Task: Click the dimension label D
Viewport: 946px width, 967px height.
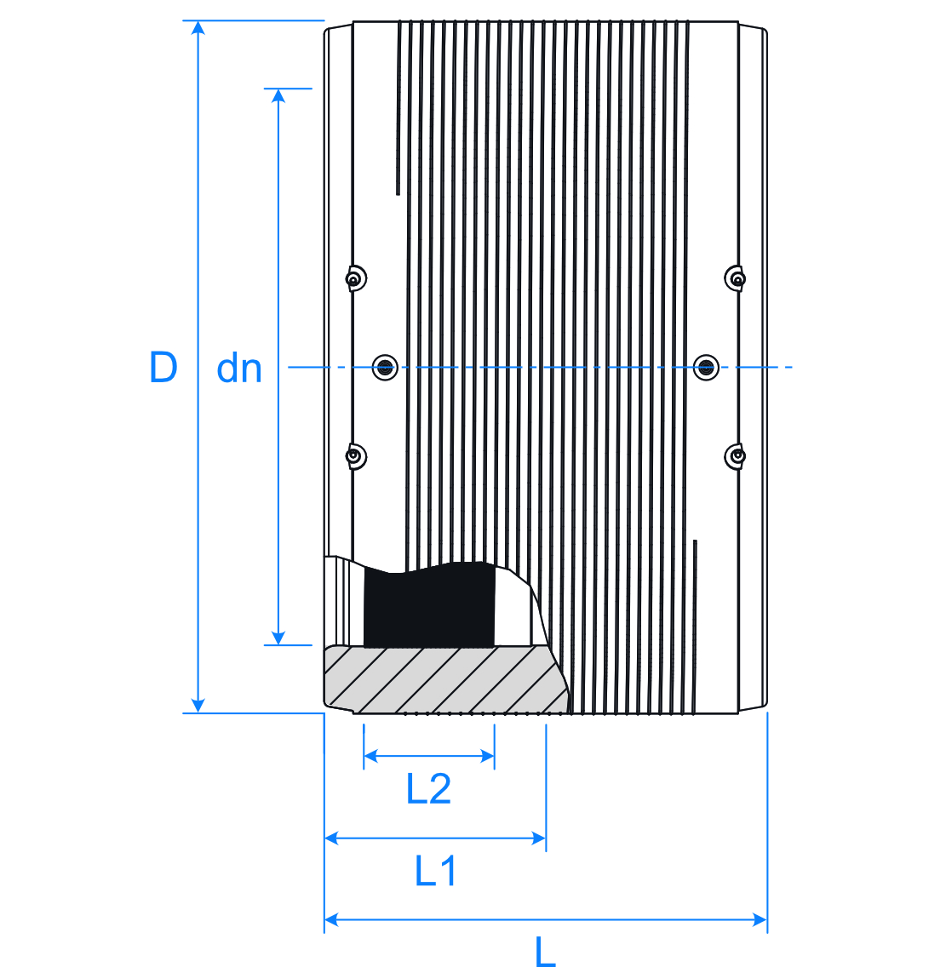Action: pyautogui.click(x=163, y=367)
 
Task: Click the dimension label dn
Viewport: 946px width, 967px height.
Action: pyautogui.click(x=239, y=369)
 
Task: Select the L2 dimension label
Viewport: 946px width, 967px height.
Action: pyautogui.click(x=428, y=789)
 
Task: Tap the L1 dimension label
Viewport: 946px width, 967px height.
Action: pyautogui.click(x=436, y=871)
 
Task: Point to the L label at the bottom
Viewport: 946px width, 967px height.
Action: pyautogui.click(x=545, y=952)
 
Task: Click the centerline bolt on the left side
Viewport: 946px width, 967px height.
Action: pyautogui.click(x=386, y=368)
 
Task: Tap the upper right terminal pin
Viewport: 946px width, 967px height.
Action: pyautogui.click(x=736, y=278)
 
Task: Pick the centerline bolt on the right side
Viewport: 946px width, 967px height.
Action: pyautogui.click(x=705, y=368)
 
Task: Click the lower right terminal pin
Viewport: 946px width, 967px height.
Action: pyautogui.click(x=736, y=456)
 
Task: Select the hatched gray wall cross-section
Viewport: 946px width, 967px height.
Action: pyautogui.click(x=443, y=679)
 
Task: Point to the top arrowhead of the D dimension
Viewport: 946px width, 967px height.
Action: pyautogui.click(x=198, y=28)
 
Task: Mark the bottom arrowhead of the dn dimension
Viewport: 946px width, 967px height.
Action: pyautogui.click(x=278, y=638)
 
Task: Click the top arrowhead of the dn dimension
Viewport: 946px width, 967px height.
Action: pyautogui.click(x=278, y=95)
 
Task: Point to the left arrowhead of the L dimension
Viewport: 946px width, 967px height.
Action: pyautogui.click(x=332, y=919)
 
